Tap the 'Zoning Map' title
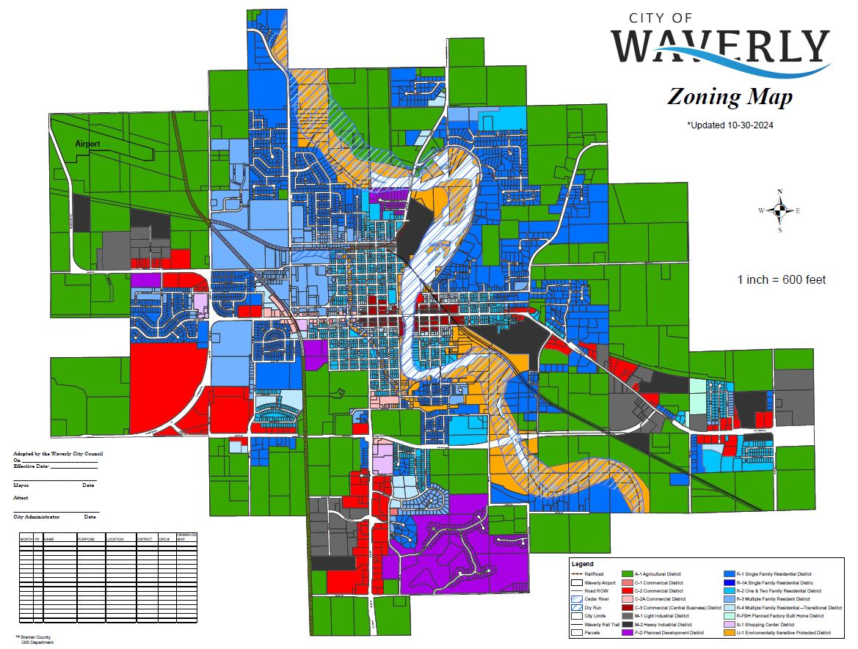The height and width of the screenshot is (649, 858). (x=729, y=97)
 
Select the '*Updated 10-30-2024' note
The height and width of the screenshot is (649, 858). (x=730, y=125)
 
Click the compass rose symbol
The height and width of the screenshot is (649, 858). (x=780, y=210)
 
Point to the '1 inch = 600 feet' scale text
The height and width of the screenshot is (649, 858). (x=782, y=279)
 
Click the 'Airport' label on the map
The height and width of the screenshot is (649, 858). (x=87, y=144)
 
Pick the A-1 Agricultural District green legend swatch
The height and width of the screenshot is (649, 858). (x=628, y=574)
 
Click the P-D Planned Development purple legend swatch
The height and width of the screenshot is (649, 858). (x=628, y=632)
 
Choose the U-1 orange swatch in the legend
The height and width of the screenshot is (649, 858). (x=729, y=632)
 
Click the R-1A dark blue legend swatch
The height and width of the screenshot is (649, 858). (x=729, y=583)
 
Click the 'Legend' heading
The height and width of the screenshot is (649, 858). (x=582, y=564)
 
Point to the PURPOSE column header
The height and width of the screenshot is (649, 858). (x=87, y=539)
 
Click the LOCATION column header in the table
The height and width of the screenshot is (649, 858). (x=116, y=539)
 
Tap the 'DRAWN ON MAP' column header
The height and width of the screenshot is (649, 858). (x=186, y=537)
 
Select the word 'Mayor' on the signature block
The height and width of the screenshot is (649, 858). (x=21, y=485)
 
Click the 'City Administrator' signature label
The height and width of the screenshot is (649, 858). (x=37, y=517)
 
